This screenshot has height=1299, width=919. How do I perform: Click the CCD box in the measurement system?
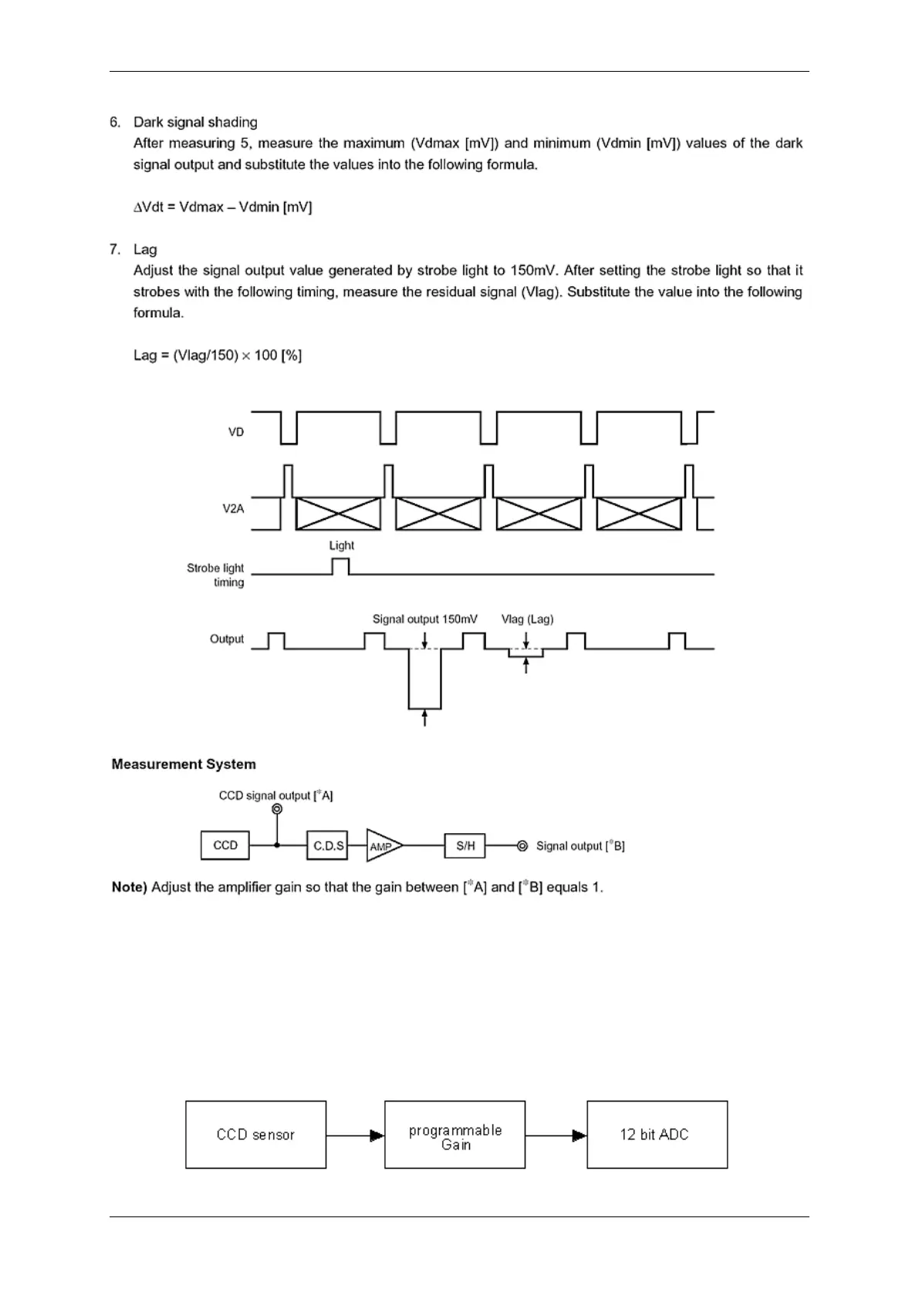point(225,845)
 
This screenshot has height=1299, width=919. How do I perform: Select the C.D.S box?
point(328,845)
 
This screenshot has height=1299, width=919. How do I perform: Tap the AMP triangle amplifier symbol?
point(382,846)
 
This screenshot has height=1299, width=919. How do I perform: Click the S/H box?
point(465,845)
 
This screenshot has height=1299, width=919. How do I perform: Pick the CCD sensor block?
point(255,1135)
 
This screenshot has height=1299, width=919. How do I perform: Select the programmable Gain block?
point(455,1135)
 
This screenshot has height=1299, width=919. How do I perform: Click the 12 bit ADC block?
point(657,1135)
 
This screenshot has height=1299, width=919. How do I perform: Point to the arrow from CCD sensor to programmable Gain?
point(355,1135)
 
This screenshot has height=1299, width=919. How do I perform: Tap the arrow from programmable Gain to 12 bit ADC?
point(556,1135)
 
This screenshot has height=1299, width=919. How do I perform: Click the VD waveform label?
point(236,432)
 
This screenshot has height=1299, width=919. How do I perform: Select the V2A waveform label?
point(233,508)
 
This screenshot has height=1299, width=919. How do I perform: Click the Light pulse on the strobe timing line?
point(340,566)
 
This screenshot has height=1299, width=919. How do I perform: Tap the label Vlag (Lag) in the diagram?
point(527,619)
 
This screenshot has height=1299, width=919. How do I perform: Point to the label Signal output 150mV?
point(424,619)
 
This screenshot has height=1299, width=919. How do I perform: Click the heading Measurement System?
point(184,764)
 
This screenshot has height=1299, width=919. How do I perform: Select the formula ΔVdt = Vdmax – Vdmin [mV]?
point(223,207)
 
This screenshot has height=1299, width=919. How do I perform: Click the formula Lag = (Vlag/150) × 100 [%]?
point(218,356)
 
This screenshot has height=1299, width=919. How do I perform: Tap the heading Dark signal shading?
point(195,122)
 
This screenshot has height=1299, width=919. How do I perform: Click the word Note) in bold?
point(130,887)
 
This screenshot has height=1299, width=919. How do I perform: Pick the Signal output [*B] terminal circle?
point(522,846)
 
